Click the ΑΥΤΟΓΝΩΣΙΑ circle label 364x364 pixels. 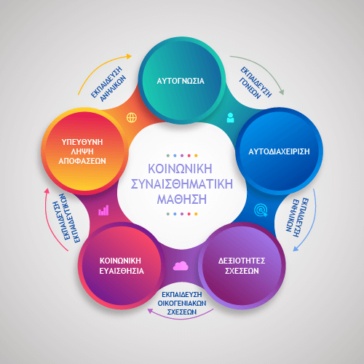[x=181, y=81]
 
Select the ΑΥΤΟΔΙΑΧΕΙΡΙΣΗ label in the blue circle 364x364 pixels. [x=279, y=151]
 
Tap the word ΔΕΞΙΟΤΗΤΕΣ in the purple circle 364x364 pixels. [x=242, y=261]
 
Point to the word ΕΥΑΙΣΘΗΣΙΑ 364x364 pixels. [x=122, y=271]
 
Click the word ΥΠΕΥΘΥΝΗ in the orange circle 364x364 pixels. [x=82, y=142]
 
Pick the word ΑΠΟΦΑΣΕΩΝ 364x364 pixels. [x=82, y=161]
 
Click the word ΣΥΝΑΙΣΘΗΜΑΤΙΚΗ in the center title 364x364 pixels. [x=182, y=184]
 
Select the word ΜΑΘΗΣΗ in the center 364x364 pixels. [x=182, y=199]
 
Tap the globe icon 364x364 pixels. [x=132, y=118]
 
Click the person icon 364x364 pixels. [x=230, y=118]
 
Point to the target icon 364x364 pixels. [x=261, y=210]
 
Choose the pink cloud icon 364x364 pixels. [x=181, y=266]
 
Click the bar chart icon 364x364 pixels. [x=103, y=210]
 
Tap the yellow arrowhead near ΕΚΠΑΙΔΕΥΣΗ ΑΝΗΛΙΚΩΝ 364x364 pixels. [x=129, y=57]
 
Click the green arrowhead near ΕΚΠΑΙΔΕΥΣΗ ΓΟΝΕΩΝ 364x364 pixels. [x=282, y=92]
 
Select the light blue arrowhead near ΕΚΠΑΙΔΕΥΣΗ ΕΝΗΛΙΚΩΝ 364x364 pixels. [x=296, y=249]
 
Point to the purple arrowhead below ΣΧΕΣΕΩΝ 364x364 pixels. [x=150, y=311]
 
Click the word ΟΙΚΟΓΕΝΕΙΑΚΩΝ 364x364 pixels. [x=182, y=303]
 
